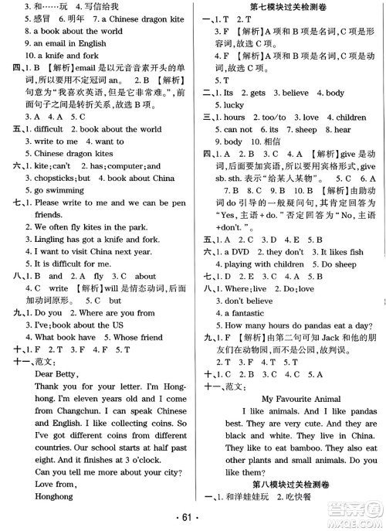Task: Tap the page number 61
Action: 194,518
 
